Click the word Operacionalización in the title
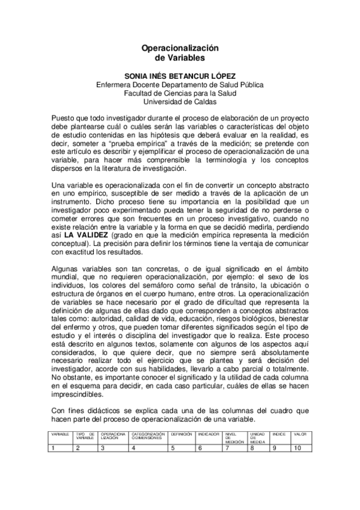(x=180, y=48)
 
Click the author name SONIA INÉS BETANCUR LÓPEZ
(x=180, y=76)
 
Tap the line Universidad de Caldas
(x=180, y=102)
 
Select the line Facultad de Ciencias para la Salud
(x=180, y=93)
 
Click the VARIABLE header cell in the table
(x=59, y=434)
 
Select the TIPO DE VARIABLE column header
(x=85, y=435)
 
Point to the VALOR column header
(x=301, y=434)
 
